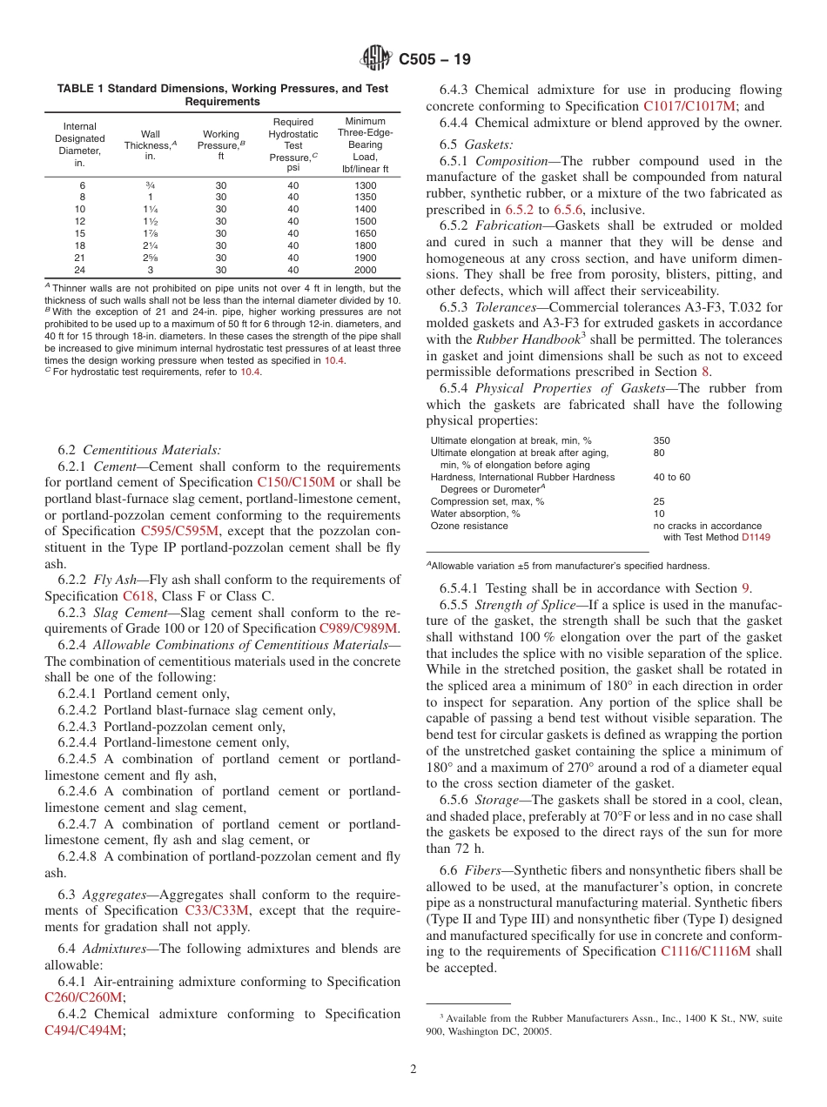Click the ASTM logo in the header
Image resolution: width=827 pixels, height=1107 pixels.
coord(376,59)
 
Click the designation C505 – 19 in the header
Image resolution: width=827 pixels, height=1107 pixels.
coord(434,59)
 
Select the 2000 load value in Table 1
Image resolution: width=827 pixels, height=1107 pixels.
coord(365,270)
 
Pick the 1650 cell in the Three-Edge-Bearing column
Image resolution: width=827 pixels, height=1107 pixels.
coord(365,233)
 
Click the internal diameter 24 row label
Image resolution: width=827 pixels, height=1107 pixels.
coord(80,270)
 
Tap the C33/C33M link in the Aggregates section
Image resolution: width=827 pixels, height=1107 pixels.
coord(217,910)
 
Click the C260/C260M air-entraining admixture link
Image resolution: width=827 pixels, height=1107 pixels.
coord(84,997)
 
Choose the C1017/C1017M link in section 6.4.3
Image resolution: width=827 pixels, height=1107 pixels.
coord(689,106)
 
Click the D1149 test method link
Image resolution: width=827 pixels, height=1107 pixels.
coord(756,537)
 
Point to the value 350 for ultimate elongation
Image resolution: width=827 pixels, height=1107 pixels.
coord(662,440)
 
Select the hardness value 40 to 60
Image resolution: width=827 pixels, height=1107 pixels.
coord(671,477)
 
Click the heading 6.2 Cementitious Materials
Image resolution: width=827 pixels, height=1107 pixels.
coord(139,450)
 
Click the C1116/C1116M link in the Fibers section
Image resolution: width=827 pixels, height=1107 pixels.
coord(705,951)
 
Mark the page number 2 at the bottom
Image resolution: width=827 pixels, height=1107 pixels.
coord(413,1069)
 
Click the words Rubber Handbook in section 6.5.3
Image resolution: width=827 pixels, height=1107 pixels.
coord(521,340)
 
